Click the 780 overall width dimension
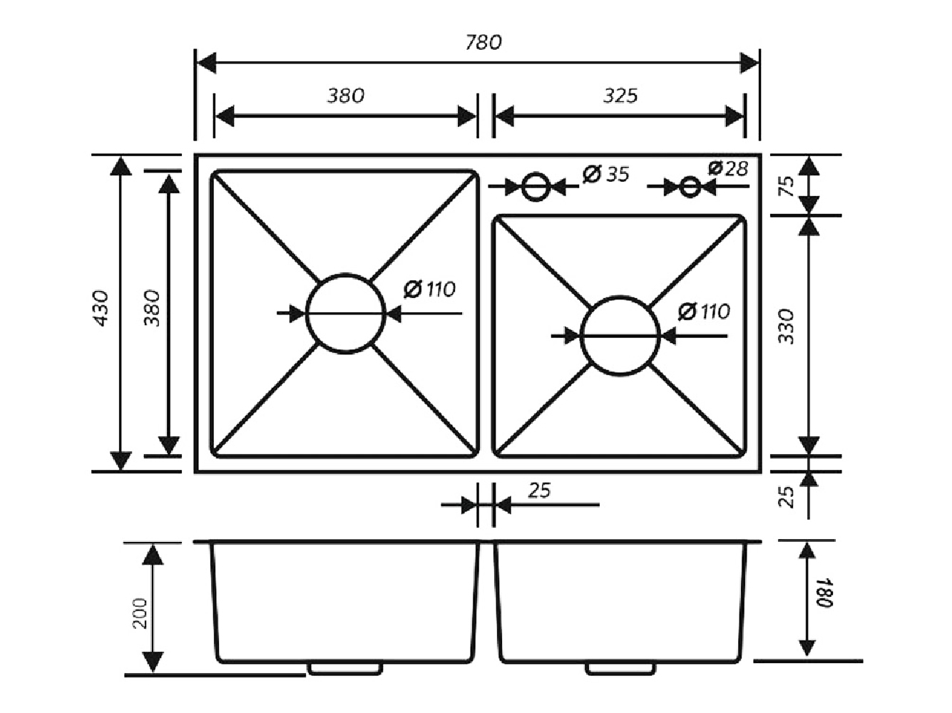pos(483,43)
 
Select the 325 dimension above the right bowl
pos(620,96)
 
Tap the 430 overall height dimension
pos(101,308)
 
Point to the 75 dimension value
pos(786,186)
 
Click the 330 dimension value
pos(786,326)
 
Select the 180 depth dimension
pos(825,593)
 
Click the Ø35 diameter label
pos(606,173)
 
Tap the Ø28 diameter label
pos(728,168)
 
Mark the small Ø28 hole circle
pos(690,187)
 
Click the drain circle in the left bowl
pos(346,313)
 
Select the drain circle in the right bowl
pos(620,336)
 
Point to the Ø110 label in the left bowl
pos(429,289)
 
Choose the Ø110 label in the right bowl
pos(704,312)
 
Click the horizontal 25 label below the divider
pos(540,491)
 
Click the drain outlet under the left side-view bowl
pos(345,668)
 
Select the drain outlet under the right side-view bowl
pos(620,668)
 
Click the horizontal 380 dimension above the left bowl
pos(346,96)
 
